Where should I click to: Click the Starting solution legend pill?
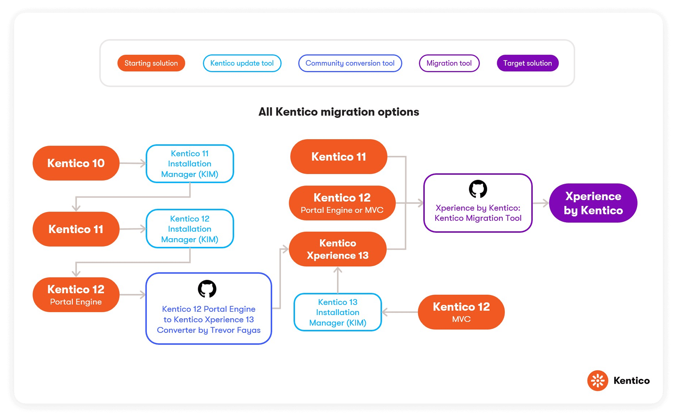point(151,63)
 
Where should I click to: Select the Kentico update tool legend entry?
point(242,63)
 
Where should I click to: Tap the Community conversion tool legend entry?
point(350,63)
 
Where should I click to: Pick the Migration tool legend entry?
point(449,63)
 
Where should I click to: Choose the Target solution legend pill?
point(527,63)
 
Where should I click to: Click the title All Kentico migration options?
point(338,112)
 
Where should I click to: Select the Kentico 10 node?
point(76,163)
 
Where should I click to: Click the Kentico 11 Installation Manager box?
point(190,164)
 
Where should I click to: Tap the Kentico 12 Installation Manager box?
point(190,229)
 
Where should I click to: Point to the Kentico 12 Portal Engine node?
point(76,295)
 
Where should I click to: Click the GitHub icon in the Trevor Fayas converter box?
point(207,289)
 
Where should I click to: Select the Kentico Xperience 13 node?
point(337,249)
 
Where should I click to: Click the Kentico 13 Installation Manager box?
point(337,312)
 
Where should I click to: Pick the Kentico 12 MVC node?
point(461,312)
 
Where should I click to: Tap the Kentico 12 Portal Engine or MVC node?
point(342,203)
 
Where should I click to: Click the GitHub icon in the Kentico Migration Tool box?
point(478,189)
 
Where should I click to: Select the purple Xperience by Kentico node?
point(593,203)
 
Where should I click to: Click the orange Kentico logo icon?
point(598,381)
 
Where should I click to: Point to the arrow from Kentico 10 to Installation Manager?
point(133,163)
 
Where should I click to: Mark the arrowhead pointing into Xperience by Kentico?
point(545,203)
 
